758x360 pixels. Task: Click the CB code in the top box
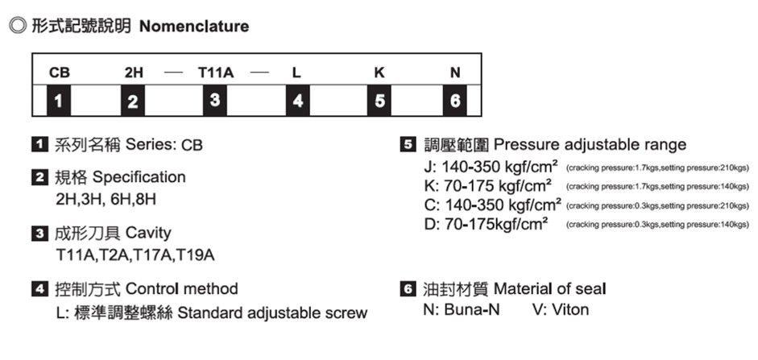(x=59, y=72)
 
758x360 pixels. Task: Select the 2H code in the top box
(x=135, y=72)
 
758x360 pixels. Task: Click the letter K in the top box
(x=379, y=72)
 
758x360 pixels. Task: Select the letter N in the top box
(x=455, y=72)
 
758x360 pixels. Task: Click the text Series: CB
(x=164, y=146)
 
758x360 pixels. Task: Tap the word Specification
(x=139, y=176)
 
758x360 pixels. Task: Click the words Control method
(x=182, y=288)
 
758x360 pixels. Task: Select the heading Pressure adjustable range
(x=590, y=145)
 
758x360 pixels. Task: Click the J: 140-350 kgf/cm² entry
(x=491, y=168)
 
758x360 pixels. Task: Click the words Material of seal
(x=549, y=288)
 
